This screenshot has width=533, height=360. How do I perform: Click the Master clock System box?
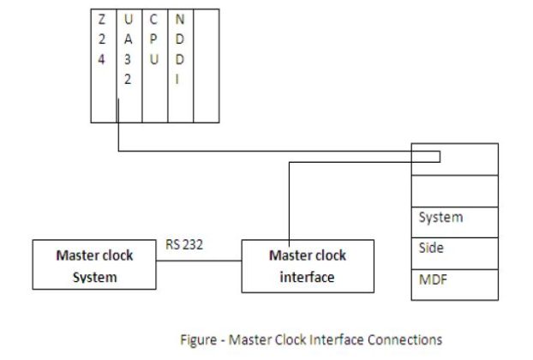(x=94, y=266)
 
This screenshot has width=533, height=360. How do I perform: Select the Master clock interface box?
(x=307, y=266)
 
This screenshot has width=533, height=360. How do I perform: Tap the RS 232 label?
(x=184, y=245)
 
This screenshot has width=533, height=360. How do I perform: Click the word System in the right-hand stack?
(x=440, y=218)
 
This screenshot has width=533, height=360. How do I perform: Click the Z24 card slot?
(x=103, y=65)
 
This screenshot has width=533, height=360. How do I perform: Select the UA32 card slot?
(x=129, y=65)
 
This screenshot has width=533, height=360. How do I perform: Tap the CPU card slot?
(x=154, y=65)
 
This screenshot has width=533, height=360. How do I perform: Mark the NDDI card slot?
(x=180, y=65)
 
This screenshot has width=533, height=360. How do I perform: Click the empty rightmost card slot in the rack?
(x=206, y=65)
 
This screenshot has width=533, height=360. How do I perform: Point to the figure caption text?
(x=311, y=339)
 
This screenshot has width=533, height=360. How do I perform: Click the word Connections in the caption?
(x=408, y=339)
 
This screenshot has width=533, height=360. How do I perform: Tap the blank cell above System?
(x=454, y=189)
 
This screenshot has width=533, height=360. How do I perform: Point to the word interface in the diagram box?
(x=307, y=277)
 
